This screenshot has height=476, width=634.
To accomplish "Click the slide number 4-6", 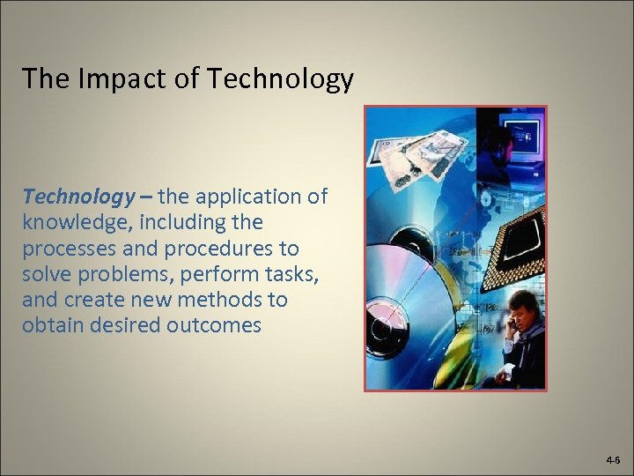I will [x=613, y=460].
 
